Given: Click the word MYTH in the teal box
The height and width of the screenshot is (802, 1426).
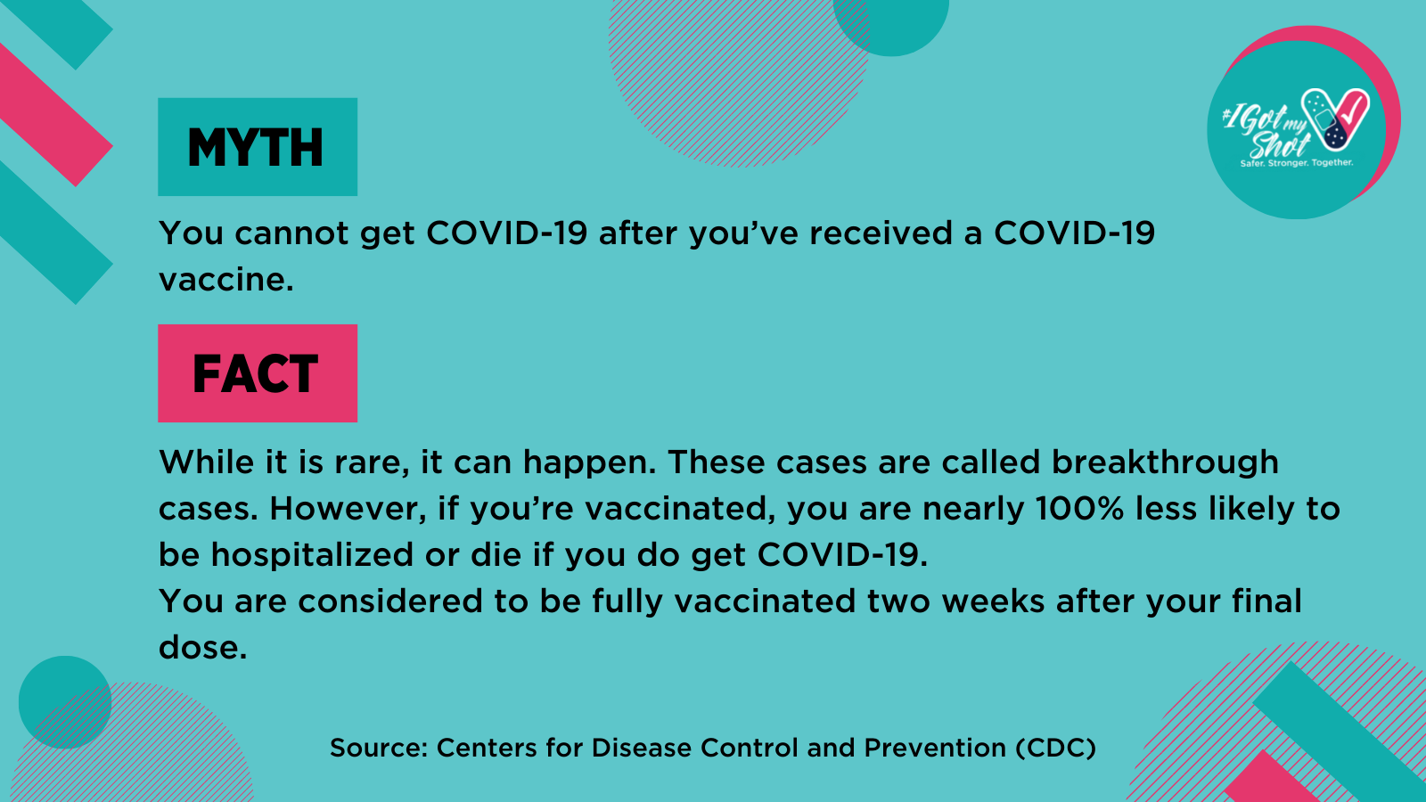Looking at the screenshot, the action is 255,148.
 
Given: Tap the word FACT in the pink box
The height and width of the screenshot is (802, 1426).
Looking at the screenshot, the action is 255,373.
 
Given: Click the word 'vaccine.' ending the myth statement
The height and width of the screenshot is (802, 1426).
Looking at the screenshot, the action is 226,280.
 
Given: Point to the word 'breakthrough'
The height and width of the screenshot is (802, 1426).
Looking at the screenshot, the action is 1164,462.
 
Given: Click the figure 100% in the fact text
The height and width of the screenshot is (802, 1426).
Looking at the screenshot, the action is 1079,509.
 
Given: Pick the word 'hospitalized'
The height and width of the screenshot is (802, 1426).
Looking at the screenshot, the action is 313,554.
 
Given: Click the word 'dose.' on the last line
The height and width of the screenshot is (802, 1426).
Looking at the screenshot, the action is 202,647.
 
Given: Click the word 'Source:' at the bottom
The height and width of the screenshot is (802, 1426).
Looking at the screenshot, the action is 378,748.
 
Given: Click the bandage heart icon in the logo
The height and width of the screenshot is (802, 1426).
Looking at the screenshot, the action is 1335,119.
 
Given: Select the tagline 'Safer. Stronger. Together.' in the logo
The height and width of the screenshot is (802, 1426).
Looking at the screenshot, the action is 1296,164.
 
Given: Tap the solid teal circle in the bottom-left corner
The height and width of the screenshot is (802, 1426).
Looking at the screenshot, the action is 65,702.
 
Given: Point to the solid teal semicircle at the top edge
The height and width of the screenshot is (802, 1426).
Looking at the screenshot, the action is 890,26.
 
